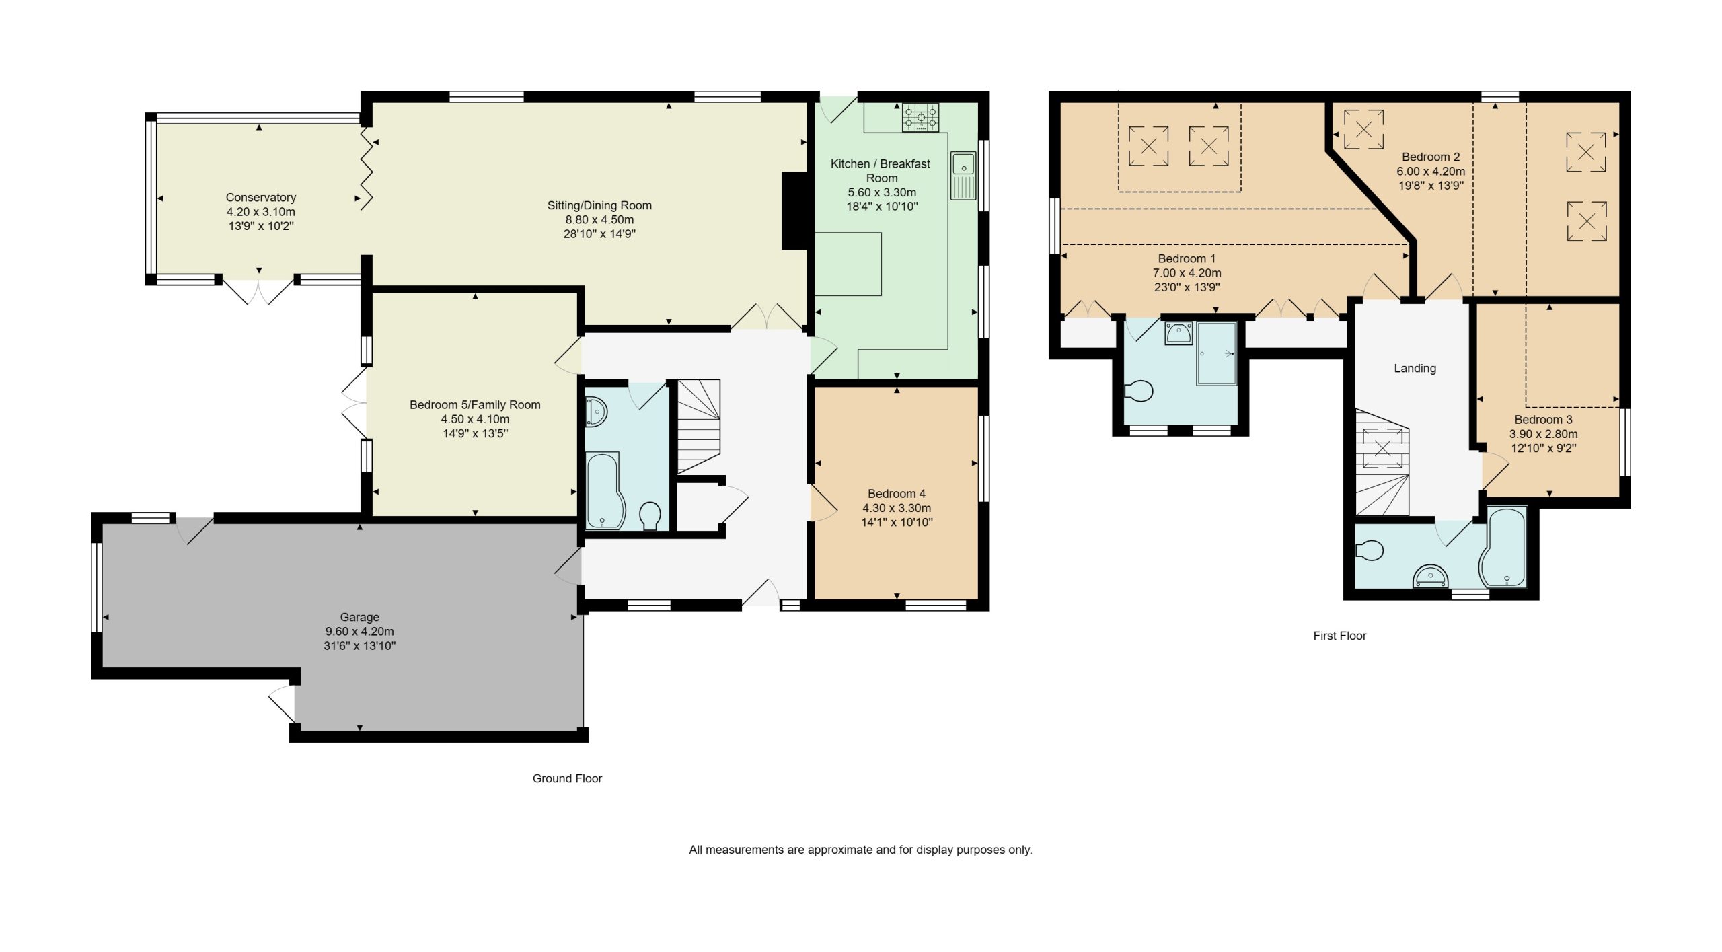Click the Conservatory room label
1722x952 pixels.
pos(261,197)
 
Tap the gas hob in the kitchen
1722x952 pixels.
pos(921,118)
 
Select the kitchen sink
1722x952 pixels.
pos(963,176)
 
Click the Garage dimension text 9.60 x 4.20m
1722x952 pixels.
pos(360,631)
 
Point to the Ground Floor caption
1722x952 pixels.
pos(567,778)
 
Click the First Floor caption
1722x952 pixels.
pos(1340,636)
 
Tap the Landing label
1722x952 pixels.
pos(1415,368)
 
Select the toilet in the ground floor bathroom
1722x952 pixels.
pos(650,516)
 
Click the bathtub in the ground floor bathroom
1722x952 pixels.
pos(605,490)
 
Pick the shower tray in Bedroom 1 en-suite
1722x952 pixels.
pos(1217,354)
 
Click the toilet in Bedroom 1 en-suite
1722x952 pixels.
pos(1139,391)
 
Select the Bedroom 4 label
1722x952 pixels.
pos(897,494)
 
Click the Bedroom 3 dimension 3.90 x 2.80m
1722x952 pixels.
pos(1543,434)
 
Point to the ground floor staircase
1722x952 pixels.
pos(699,427)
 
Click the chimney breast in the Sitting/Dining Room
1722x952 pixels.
pos(794,211)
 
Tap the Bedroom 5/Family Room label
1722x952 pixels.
pos(475,405)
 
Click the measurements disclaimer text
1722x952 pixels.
pos(860,850)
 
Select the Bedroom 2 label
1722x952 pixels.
pos(1431,157)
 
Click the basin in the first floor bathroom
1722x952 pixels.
pos(1430,576)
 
